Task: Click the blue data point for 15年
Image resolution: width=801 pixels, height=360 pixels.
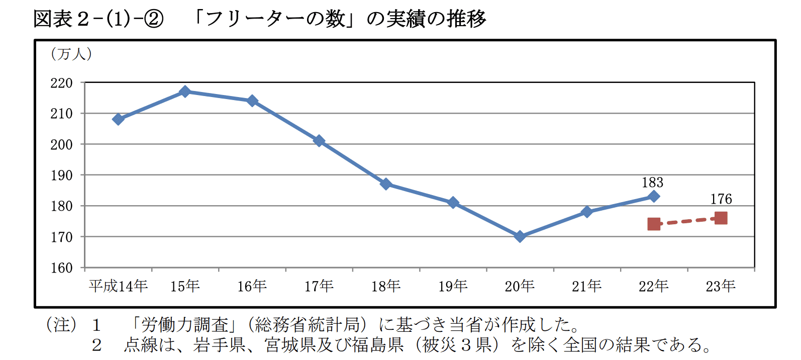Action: [185, 92]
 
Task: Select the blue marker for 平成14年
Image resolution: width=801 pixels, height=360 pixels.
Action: [118, 119]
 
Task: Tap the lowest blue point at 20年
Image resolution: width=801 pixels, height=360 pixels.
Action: [520, 236]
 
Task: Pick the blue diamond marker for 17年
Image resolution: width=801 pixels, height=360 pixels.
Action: [319, 141]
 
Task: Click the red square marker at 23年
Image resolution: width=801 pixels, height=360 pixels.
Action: [721, 218]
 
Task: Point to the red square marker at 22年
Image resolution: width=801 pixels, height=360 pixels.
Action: [654, 224]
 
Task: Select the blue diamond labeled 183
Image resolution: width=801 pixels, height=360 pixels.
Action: [654, 196]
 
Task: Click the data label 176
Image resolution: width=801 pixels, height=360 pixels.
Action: [721, 199]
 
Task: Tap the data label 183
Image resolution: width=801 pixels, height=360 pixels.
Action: [652, 183]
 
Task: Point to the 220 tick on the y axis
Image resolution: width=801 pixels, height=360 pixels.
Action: [61, 83]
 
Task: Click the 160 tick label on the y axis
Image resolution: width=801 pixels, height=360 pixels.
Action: [61, 268]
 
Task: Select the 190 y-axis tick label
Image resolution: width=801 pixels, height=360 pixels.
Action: [61, 175]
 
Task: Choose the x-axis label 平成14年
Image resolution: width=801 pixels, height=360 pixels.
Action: [118, 286]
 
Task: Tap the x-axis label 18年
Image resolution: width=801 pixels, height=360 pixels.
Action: [386, 286]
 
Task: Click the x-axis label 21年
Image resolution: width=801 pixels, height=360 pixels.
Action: [586, 286]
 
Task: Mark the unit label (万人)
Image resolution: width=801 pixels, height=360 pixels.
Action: [71, 54]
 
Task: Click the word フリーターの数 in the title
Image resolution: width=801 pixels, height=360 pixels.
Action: [275, 19]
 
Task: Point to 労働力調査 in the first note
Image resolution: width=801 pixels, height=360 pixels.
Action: [184, 325]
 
